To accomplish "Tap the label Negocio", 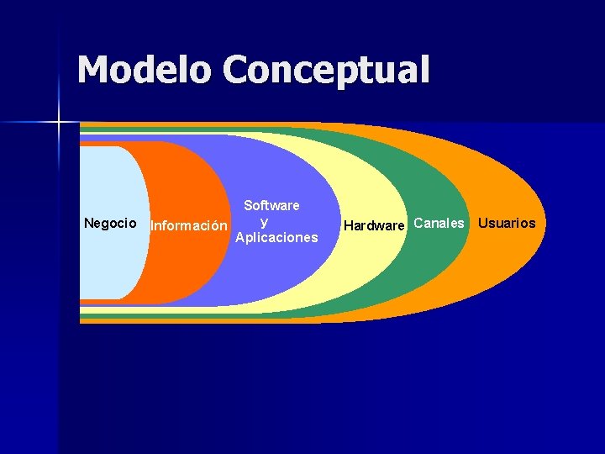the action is click(110, 223).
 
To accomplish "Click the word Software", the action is click(271, 205).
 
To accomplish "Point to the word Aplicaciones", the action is click(276, 238).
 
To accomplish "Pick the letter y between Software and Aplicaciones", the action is click(264, 222).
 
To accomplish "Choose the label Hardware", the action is click(374, 225).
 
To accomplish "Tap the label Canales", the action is click(439, 223).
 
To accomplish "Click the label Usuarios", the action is click(506, 223).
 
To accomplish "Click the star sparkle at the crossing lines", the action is click(59, 123).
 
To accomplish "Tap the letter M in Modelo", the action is click(93, 70).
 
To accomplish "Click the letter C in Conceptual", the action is click(239, 70).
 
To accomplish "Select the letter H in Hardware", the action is click(348, 225).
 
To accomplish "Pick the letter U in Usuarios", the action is click(482, 223).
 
